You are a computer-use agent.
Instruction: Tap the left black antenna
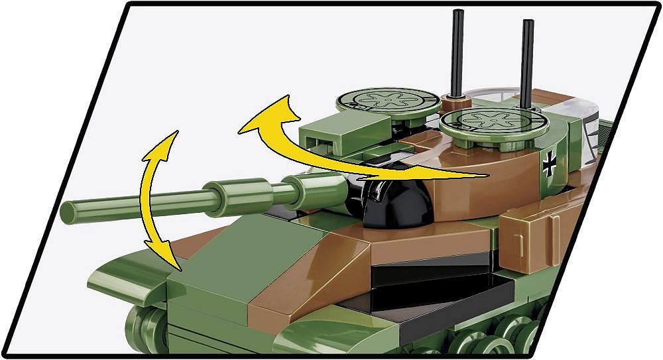457,53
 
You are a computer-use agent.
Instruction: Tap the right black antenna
527,60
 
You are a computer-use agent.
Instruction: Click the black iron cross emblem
550,166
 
